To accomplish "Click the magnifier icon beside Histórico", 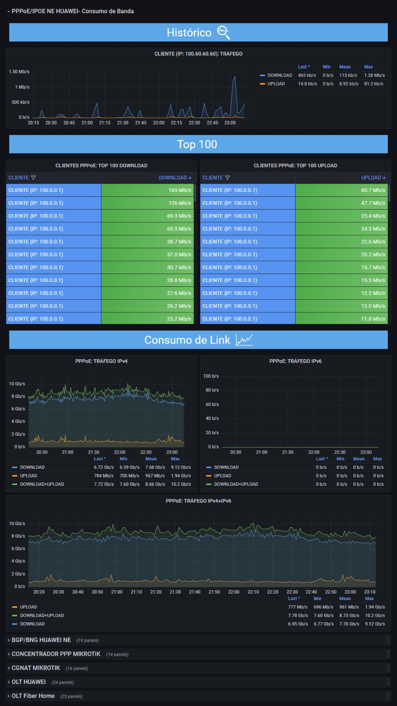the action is click(223, 33).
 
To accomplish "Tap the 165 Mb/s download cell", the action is click(147, 190).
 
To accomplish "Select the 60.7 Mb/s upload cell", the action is click(341, 190).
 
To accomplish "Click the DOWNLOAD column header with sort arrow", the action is click(175, 178).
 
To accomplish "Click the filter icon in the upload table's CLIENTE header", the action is click(228, 178).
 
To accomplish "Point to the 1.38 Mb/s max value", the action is click(375, 75).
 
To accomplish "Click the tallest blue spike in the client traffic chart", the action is click(234, 77).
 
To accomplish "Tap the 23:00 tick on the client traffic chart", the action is click(230, 123).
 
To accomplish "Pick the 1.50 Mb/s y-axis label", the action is click(19, 71).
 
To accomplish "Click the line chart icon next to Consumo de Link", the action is click(244, 340).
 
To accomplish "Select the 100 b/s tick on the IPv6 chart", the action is click(211, 376).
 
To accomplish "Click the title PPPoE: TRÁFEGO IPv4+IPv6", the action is click(198, 501).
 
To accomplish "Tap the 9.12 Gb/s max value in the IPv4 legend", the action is click(181, 467).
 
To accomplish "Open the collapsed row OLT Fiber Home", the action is click(33, 695).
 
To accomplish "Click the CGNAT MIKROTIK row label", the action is click(36, 668).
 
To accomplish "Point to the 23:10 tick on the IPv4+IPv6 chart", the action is click(370, 592).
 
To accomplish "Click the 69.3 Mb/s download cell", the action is click(147, 216).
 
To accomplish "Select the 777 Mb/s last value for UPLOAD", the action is click(298, 607).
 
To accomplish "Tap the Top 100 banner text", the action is click(197, 144).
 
